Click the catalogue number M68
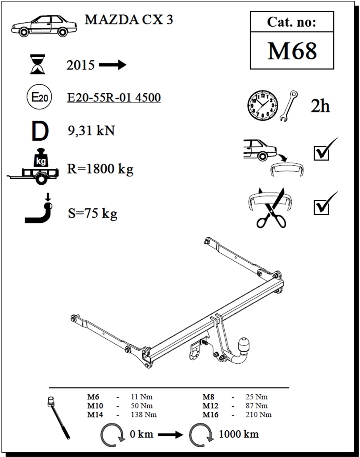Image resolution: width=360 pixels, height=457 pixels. click(292, 51)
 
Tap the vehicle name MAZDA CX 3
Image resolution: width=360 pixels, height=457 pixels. click(129, 20)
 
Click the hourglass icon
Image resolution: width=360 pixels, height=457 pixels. click(37, 64)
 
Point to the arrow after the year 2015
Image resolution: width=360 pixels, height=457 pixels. click(112, 65)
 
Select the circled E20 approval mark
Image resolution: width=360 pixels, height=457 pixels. click(39, 97)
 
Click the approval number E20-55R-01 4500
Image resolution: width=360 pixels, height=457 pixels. click(114, 98)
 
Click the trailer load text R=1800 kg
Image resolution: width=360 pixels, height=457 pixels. click(100, 169)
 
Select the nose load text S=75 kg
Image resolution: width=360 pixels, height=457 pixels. click(93, 213)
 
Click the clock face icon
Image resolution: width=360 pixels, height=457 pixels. click(263, 105)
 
